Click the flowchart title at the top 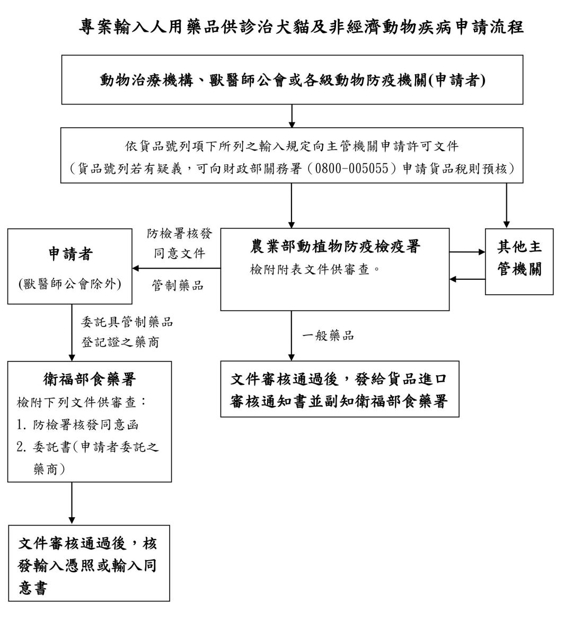pos(301,28)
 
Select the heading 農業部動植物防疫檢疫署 pos(335,248)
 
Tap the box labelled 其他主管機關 pos(520,261)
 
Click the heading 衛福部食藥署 pos(90,379)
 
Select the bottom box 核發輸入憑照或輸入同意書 pos(89,563)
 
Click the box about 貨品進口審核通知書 pos(339,389)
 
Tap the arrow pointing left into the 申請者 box pos(139,268)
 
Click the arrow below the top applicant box pos(292,116)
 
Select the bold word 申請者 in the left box pos(71,254)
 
